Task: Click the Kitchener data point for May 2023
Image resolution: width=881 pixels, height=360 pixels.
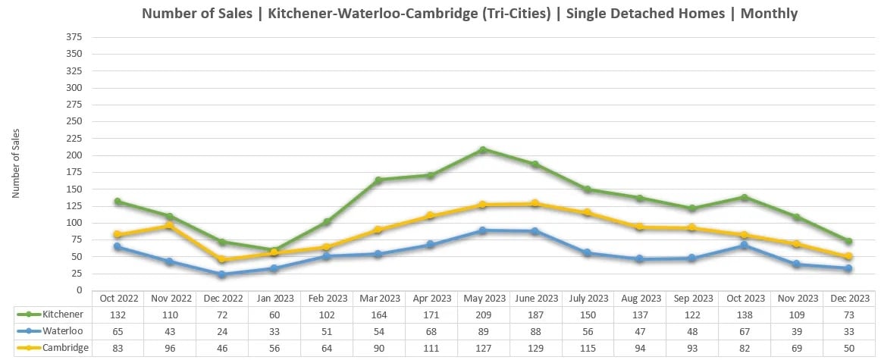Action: pyautogui.click(x=482, y=150)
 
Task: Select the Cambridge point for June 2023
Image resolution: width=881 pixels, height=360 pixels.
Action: pyautogui.click(x=535, y=203)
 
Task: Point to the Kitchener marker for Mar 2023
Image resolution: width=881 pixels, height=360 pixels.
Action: pyautogui.click(x=378, y=180)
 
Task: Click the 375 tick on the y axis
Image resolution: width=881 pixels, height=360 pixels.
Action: pyautogui.click(x=74, y=37)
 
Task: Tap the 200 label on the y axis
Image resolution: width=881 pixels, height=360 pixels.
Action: pyautogui.click(x=74, y=155)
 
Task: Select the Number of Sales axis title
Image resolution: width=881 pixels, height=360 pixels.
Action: pyautogui.click(x=16, y=164)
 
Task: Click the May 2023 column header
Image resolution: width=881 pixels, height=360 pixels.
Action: pyautogui.click(x=482, y=298)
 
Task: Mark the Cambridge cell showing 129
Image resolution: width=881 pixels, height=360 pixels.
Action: pyautogui.click(x=535, y=348)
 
